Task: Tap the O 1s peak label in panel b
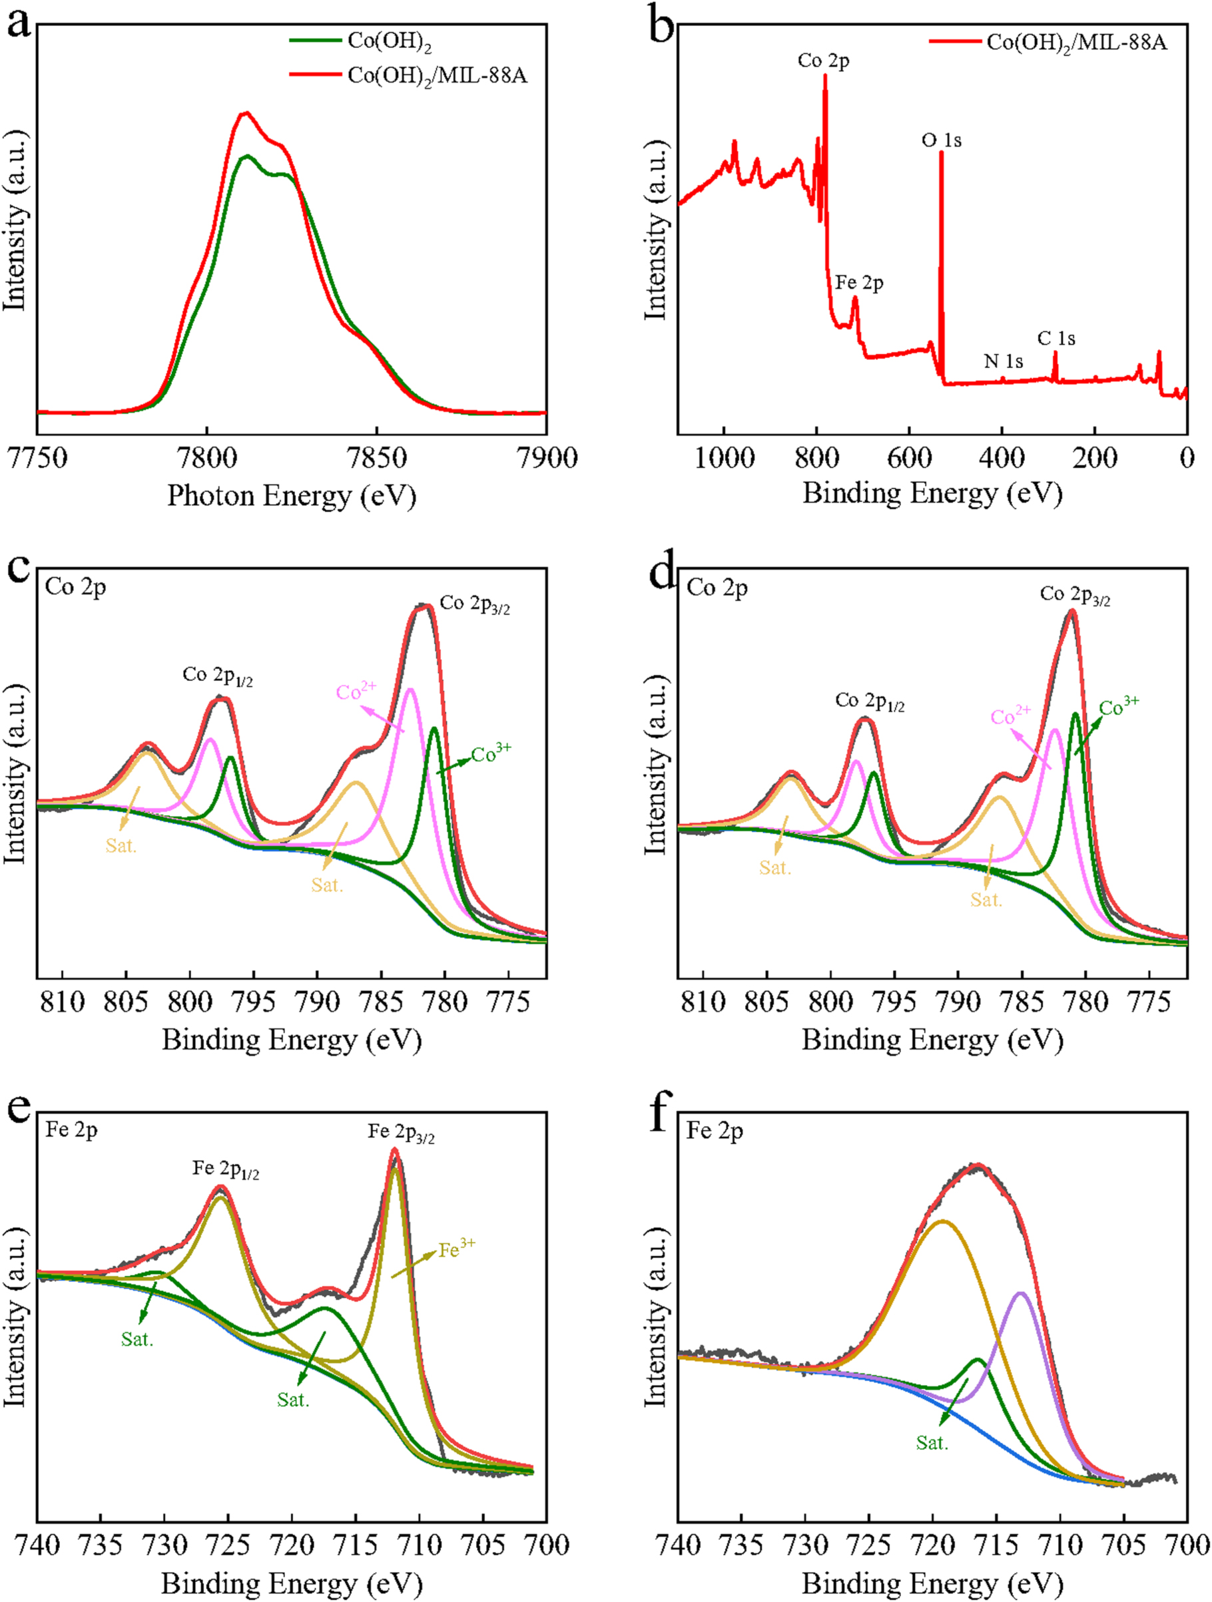tap(941, 140)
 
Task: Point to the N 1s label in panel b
tap(1004, 361)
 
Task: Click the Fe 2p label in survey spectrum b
tap(859, 283)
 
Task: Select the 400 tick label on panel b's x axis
tap(1002, 459)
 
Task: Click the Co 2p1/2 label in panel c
tap(217, 676)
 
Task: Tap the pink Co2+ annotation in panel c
tap(356, 691)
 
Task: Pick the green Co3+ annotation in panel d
tap(1119, 707)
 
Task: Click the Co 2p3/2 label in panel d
tap(1075, 595)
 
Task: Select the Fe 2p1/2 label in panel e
tap(225, 1169)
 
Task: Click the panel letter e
tap(19, 1109)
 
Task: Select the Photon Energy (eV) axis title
tap(291, 496)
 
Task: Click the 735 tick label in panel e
tap(101, 1544)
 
